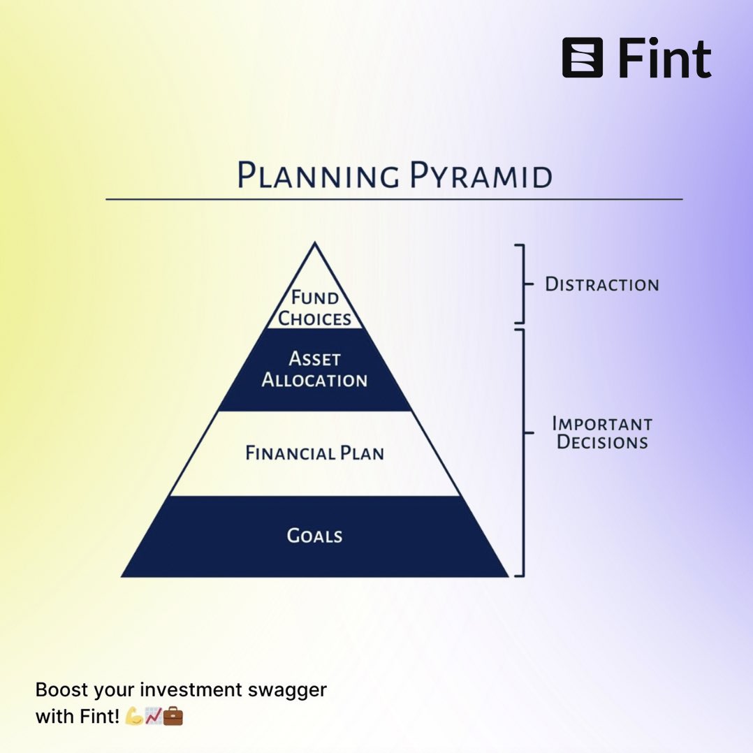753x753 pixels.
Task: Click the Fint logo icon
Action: coord(582,57)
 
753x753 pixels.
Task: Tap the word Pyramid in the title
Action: coord(481,175)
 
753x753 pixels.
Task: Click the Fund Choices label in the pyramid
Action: coord(315,308)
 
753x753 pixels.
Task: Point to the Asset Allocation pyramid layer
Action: coord(314,370)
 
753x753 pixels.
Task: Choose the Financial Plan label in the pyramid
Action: coord(314,453)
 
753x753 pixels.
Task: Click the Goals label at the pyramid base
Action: coord(314,536)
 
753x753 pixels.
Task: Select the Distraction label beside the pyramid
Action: coord(601,284)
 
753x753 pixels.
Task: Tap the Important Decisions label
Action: coord(602,433)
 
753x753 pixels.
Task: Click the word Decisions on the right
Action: coord(602,443)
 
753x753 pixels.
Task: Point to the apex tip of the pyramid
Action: coord(315,244)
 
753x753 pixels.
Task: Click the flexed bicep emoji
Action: coord(133,717)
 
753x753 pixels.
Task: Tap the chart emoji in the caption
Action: coord(153,717)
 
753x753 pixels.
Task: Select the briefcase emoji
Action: coord(173,717)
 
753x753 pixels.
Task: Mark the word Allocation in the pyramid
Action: coord(314,381)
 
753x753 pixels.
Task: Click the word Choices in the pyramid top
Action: coord(315,319)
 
